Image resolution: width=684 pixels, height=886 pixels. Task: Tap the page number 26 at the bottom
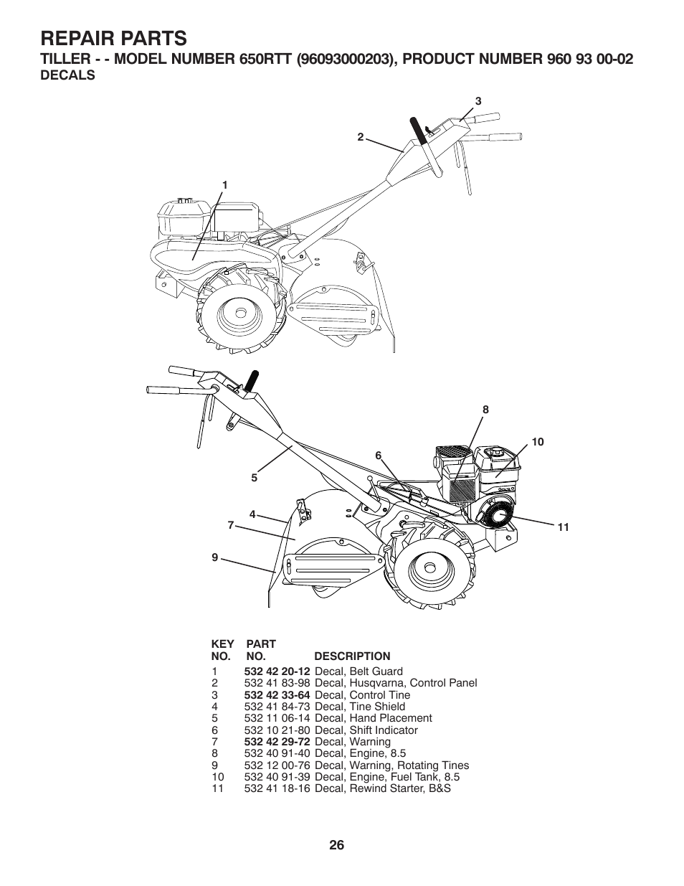[x=337, y=844]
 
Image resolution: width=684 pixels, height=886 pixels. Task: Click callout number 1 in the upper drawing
[x=224, y=184]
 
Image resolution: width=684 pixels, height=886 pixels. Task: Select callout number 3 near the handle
[x=478, y=101]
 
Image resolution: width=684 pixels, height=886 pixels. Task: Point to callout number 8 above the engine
[x=485, y=410]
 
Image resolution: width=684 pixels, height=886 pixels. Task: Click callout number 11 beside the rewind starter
[x=563, y=527]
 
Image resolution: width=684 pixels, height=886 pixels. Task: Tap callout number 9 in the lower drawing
[x=214, y=557]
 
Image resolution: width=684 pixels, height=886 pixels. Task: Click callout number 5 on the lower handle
[x=254, y=476]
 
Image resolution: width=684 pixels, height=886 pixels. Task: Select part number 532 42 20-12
[x=277, y=671]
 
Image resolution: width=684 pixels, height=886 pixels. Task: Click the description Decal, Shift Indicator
[x=366, y=730]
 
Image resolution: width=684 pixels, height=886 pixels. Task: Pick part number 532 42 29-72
[x=277, y=742]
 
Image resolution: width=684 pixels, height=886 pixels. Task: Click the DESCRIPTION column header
[x=352, y=656]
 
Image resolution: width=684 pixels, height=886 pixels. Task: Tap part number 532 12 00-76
[x=277, y=765]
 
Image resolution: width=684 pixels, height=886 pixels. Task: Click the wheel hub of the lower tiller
[x=429, y=567]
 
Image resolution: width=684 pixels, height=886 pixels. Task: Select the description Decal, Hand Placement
[x=373, y=718]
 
